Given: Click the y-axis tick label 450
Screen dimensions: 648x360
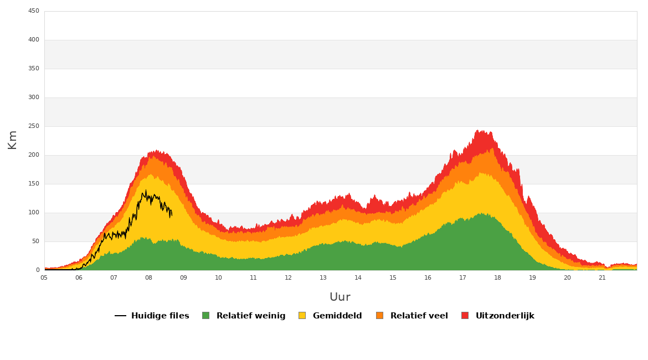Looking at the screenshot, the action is (x=33, y=11).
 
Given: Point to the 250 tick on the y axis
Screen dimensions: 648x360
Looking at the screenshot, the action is (x=33, y=126).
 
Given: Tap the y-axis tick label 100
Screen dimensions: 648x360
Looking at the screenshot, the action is (x=33, y=213).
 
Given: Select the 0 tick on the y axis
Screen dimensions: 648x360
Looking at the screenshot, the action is (x=38, y=270).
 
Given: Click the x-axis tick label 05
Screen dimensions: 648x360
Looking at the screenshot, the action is (x=44, y=277).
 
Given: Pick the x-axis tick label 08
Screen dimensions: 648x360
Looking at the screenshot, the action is (x=148, y=277).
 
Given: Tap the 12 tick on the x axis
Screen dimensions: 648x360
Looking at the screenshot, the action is (x=288, y=277).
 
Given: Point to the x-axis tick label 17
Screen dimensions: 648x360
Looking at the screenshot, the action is (x=462, y=277).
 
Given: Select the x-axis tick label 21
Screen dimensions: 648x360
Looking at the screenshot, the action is (x=602, y=277).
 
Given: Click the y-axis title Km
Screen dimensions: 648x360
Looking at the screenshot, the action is (x=12, y=140).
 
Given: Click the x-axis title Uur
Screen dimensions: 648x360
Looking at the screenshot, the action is (x=340, y=297).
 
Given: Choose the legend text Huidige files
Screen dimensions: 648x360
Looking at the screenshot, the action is (x=160, y=316).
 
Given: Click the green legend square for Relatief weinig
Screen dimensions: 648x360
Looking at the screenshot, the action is (x=206, y=315).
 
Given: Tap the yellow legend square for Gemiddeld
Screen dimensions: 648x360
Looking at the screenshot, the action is (x=302, y=315).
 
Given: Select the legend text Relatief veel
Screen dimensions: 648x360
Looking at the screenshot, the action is (x=419, y=316).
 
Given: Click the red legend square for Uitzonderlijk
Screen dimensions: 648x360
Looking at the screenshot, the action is (x=465, y=315).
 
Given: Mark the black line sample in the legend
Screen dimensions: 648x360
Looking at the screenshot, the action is (x=120, y=316).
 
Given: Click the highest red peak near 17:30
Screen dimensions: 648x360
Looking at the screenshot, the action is (x=479, y=130).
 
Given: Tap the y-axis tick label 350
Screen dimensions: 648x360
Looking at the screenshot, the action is (x=33, y=69).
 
